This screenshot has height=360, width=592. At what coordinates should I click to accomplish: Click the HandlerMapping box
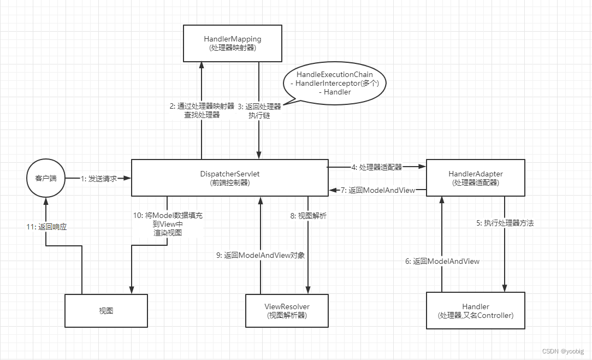click(x=232, y=44)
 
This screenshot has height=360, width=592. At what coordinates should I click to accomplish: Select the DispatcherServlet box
click(x=229, y=178)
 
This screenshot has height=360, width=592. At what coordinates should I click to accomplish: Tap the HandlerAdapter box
click(x=475, y=178)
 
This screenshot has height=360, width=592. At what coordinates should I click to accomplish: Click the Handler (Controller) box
click(x=475, y=310)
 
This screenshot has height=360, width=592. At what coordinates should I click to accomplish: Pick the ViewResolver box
click(x=287, y=310)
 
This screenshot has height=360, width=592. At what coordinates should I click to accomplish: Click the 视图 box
click(x=106, y=310)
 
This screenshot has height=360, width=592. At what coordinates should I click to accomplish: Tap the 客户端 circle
click(x=45, y=178)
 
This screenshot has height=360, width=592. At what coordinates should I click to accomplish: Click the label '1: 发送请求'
click(x=99, y=179)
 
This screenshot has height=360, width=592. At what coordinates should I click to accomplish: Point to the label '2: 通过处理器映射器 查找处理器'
click(x=202, y=110)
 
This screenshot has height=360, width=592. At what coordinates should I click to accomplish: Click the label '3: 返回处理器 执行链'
click(x=259, y=110)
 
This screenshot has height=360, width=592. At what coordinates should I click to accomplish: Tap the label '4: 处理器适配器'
click(x=377, y=167)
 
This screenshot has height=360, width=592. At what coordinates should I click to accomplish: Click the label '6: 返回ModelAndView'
click(x=442, y=261)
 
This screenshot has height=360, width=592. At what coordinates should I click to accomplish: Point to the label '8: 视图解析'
click(x=309, y=216)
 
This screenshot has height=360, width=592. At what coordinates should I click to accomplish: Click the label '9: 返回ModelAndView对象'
click(x=261, y=255)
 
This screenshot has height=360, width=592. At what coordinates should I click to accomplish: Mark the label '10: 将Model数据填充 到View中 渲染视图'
click(x=168, y=224)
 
